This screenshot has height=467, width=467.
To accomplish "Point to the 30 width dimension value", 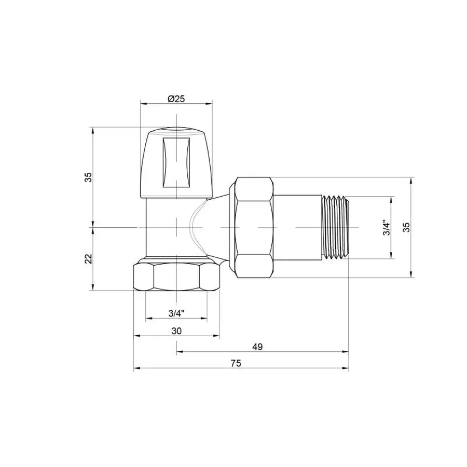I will click(x=176, y=331).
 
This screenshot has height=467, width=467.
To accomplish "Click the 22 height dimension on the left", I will click(x=89, y=258).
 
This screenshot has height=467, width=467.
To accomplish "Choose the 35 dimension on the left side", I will click(x=89, y=177).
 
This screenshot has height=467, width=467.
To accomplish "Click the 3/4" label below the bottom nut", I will click(x=176, y=313).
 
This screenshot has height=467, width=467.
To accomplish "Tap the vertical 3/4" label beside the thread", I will click(x=386, y=228).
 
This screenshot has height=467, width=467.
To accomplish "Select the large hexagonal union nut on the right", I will click(x=254, y=227).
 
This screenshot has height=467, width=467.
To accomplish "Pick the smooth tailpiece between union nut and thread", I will click(x=297, y=227).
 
